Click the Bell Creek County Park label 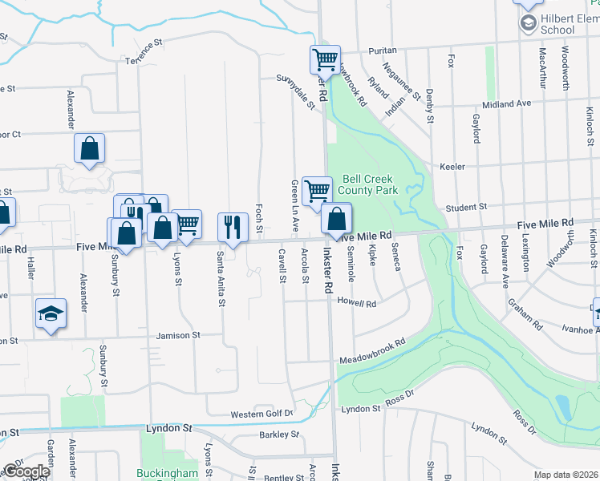[x=370, y=185]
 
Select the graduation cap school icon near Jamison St [x=51, y=313]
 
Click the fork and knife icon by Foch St [x=233, y=226]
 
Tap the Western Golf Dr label [x=262, y=414]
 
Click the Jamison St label [x=177, y=335]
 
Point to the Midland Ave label [x=505, y=104]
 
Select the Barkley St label [x=278, y=435]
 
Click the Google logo [x=26, y=471]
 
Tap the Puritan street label [x=383, y=50]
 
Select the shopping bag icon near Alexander [x=89, y=148]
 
